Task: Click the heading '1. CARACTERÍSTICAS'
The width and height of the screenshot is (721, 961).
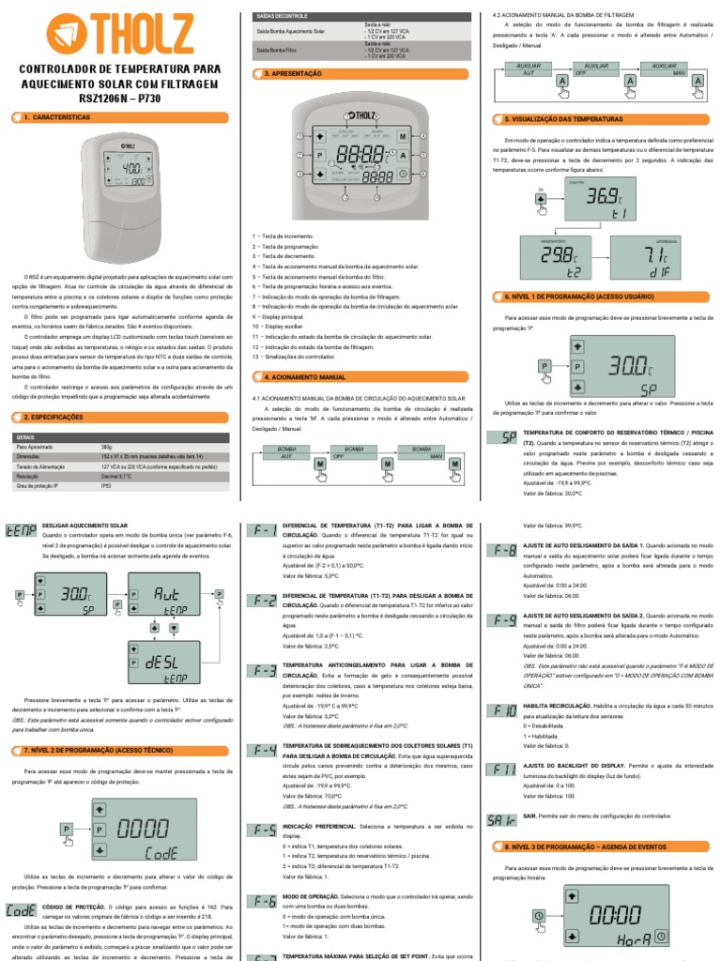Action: point(56,117)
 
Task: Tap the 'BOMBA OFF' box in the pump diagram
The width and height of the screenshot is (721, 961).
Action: point(355,453)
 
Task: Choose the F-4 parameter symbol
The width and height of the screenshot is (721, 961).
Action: point(262,750)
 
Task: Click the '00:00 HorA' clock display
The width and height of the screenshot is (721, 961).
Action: point(614,916)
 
